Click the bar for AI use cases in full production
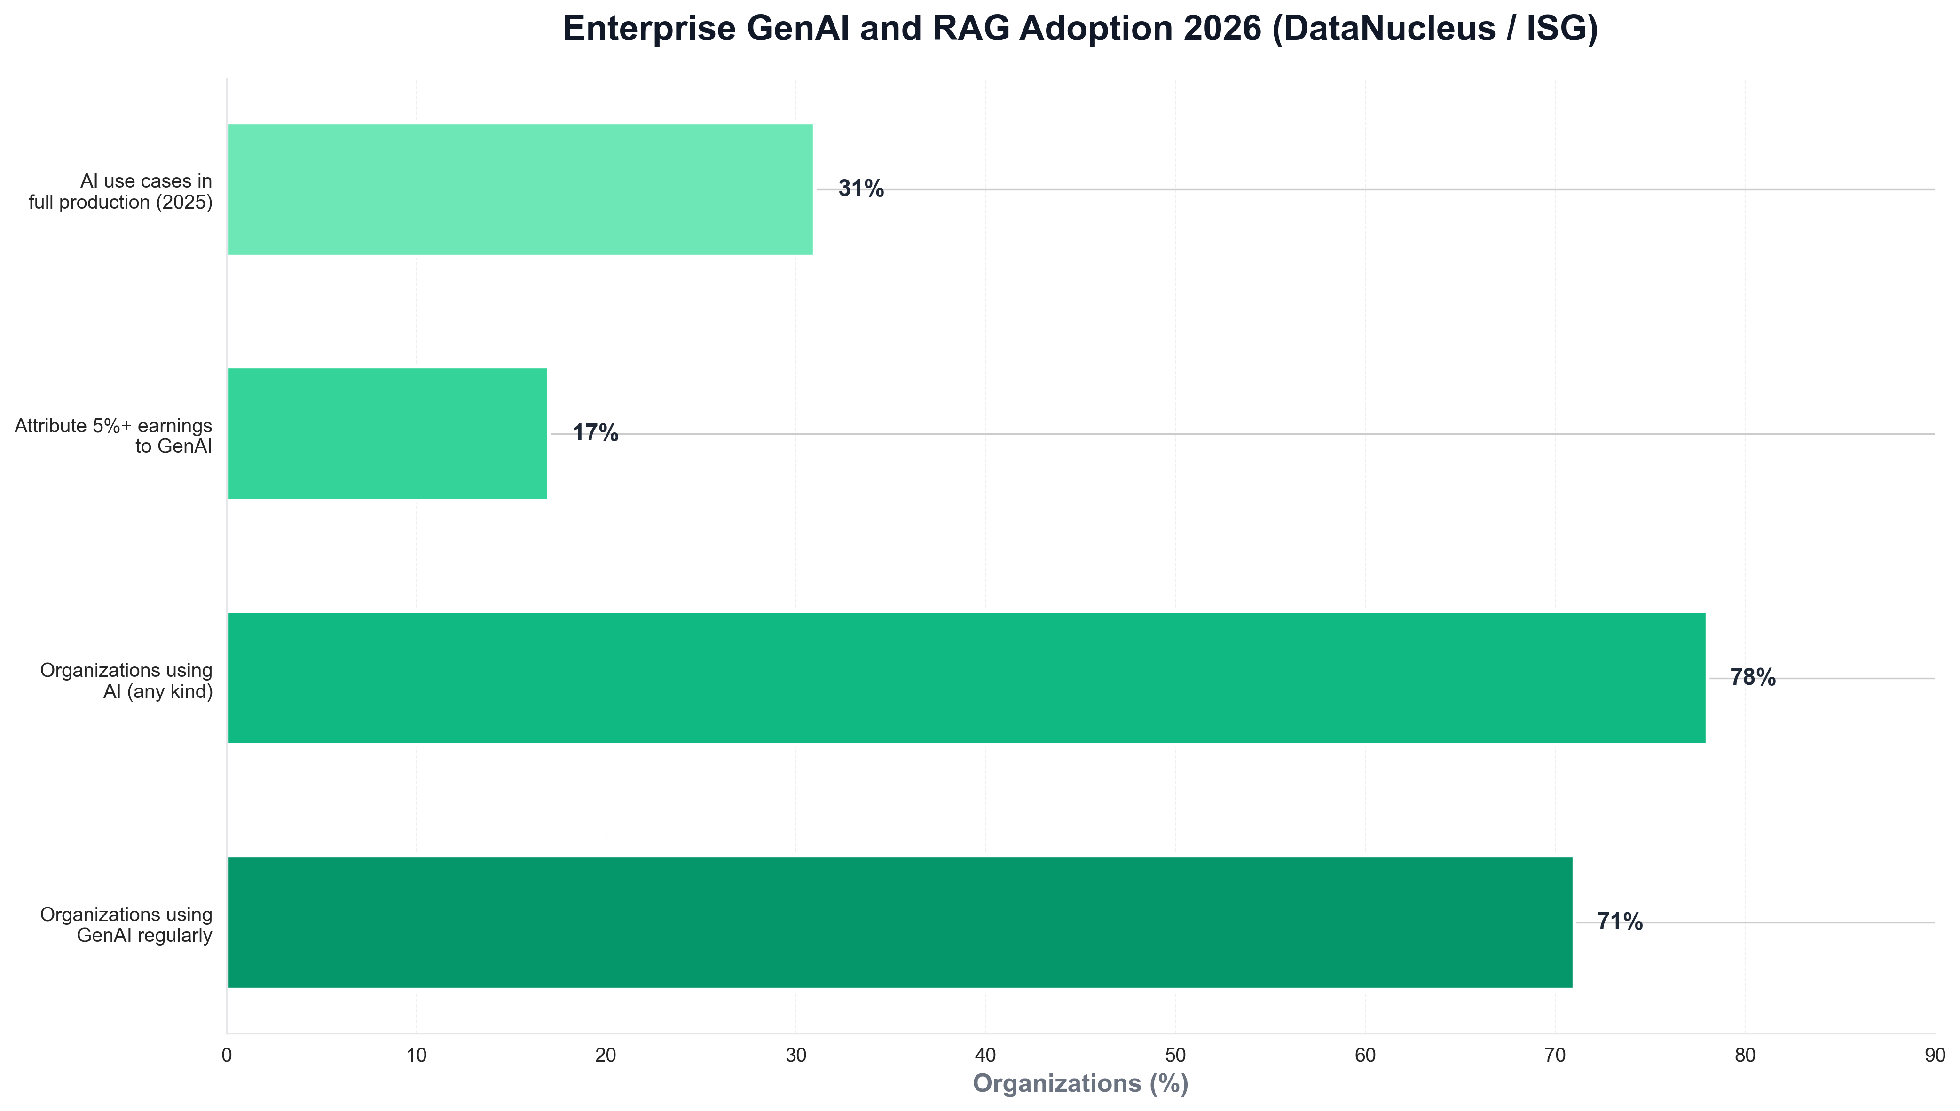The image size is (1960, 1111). point(520,189)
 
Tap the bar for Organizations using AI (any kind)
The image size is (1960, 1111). point(966,678)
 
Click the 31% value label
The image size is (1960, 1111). point(860,189)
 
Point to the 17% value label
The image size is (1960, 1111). point(595,433)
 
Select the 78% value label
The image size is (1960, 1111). point(1752,678)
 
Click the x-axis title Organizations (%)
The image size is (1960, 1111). point(1080,1084)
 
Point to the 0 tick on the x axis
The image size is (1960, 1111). point(227,1055)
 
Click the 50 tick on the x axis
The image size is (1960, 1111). point(1175,1055)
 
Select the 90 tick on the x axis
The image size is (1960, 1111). point(1934,1055)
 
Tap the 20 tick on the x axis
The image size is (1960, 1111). point(606,1055)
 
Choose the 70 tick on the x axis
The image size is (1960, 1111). point(1555,1055)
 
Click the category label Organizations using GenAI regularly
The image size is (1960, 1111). point(126,925)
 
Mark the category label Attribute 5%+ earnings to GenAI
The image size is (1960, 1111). point(113,436)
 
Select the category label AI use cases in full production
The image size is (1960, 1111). point(121,192)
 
